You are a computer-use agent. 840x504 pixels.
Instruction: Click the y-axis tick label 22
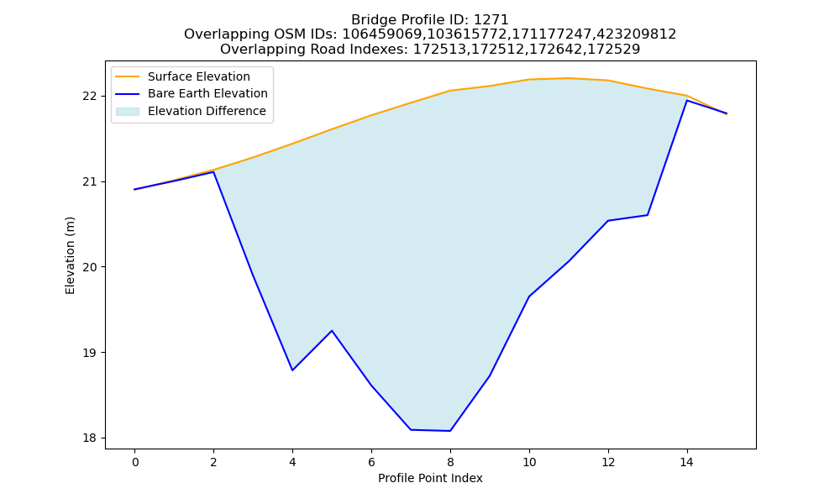[x=90, y=97]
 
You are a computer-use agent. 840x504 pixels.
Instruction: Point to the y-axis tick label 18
[x=90, y=438]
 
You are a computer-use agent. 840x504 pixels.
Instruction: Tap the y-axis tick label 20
[x=90, y=267]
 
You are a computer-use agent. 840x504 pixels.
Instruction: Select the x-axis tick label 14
[x=687, y=462]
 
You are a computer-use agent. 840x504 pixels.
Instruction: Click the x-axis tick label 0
[x=135, y=462]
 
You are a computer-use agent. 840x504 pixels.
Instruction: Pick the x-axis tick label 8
[x=450, y=462]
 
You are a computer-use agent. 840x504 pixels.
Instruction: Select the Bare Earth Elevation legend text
[x=207, y=93]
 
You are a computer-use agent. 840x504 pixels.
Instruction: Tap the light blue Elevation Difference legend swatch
[x=128, y=112]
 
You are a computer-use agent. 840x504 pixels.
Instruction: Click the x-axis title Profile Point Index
[x=430, y=478]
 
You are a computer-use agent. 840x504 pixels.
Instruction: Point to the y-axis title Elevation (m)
[x=71, y=255]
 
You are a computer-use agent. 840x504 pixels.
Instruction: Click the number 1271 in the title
[x=491, y=20]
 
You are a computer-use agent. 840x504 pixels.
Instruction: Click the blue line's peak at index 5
[x=332, y=330]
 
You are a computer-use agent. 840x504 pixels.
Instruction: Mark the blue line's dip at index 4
[x=292, y=370]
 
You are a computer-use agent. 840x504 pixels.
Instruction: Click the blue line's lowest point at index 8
[x=450, y=431]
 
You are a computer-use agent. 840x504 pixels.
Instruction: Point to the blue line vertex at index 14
[x=687, y=100]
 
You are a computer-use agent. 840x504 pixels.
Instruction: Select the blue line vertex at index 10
[x=529, y=297]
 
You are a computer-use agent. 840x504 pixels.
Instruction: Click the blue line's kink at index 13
[x=648, y=215]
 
